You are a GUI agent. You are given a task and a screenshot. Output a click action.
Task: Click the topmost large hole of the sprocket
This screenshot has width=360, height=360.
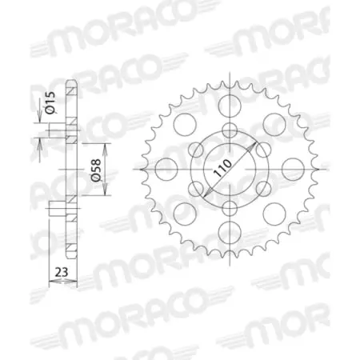(x=230, y=106)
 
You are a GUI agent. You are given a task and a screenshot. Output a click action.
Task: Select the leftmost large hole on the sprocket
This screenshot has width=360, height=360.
(x=166, y=170)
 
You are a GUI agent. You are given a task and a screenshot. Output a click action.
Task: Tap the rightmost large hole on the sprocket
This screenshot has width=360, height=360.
(x=294, y=170)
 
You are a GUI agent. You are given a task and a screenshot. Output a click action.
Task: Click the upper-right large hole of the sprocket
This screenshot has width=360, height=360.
(x=274, y=125)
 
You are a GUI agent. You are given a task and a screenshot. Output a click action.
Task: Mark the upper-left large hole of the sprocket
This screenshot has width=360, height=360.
(x=185, y=125)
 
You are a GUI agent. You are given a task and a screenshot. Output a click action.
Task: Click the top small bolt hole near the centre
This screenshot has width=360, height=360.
(x=230, y=131)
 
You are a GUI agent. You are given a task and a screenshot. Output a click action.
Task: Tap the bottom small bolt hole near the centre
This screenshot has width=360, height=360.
(x=230, y=208)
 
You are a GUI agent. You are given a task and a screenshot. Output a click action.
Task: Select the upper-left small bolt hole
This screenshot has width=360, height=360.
(x=197, y=150)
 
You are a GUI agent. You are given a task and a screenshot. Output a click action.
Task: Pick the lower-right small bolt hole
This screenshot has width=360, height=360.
(x=262, y=189)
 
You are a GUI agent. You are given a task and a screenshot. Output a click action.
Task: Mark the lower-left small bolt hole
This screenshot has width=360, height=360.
(x=197, y=189)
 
